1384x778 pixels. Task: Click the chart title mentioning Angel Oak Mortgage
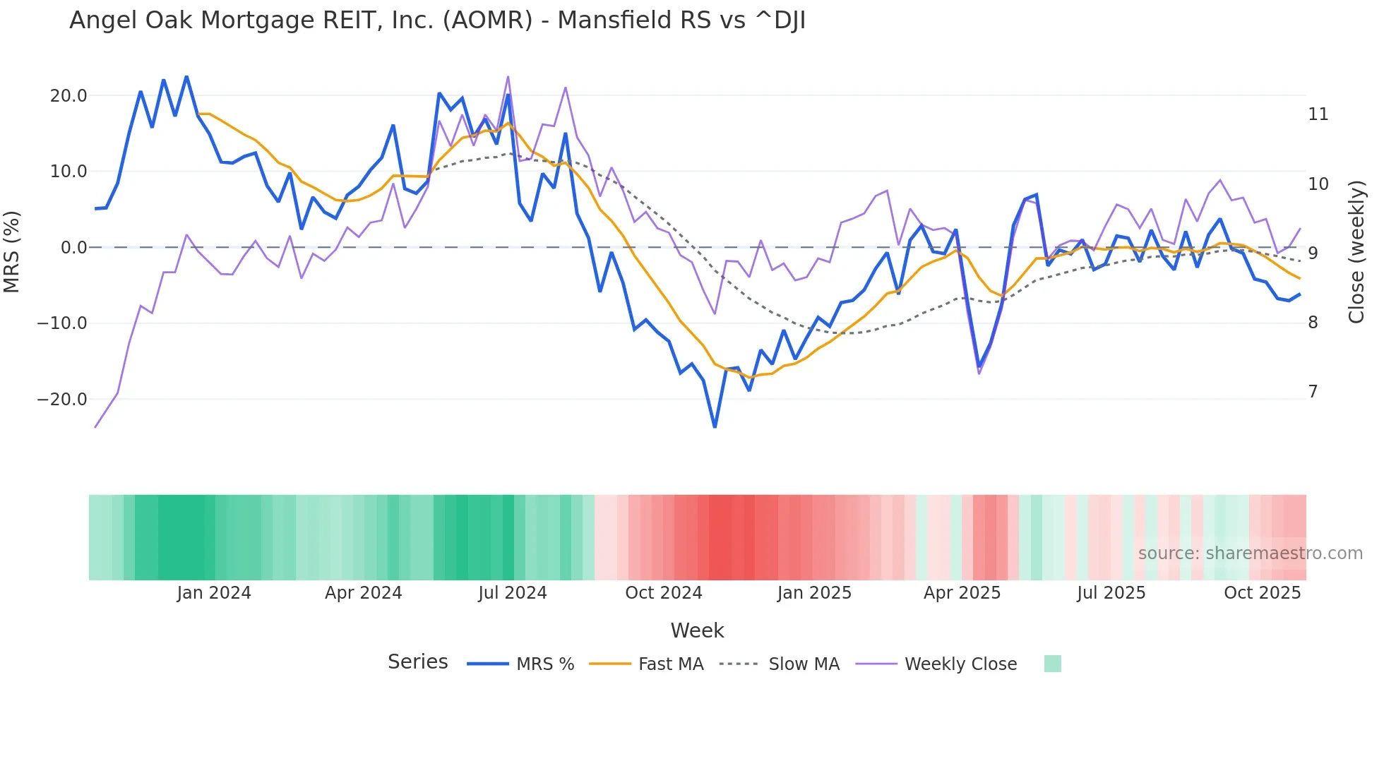pos(437,20)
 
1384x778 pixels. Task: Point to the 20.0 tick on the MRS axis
pos(68,96)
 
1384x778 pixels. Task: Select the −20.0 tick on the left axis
pos(62,400)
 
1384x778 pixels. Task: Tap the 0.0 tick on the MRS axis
pos(73,248)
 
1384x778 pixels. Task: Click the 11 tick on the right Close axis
pos(1318,114)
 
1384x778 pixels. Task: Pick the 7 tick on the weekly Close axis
pos(1313,392)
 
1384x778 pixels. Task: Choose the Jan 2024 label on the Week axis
pos(214,593)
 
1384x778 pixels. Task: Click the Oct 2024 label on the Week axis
pos(664,593)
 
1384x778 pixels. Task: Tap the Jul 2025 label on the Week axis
pos(1111,593)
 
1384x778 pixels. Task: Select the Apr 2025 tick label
pos(962,593)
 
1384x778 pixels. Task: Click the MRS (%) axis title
pos(12,251)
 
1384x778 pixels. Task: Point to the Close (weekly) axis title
pos(1356,252)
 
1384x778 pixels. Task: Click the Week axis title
pos(697,630)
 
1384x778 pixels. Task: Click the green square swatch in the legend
pos(1052,664)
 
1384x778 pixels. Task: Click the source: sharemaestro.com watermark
pos(1250,553)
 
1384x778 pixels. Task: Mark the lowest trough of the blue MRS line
pos(715,427)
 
